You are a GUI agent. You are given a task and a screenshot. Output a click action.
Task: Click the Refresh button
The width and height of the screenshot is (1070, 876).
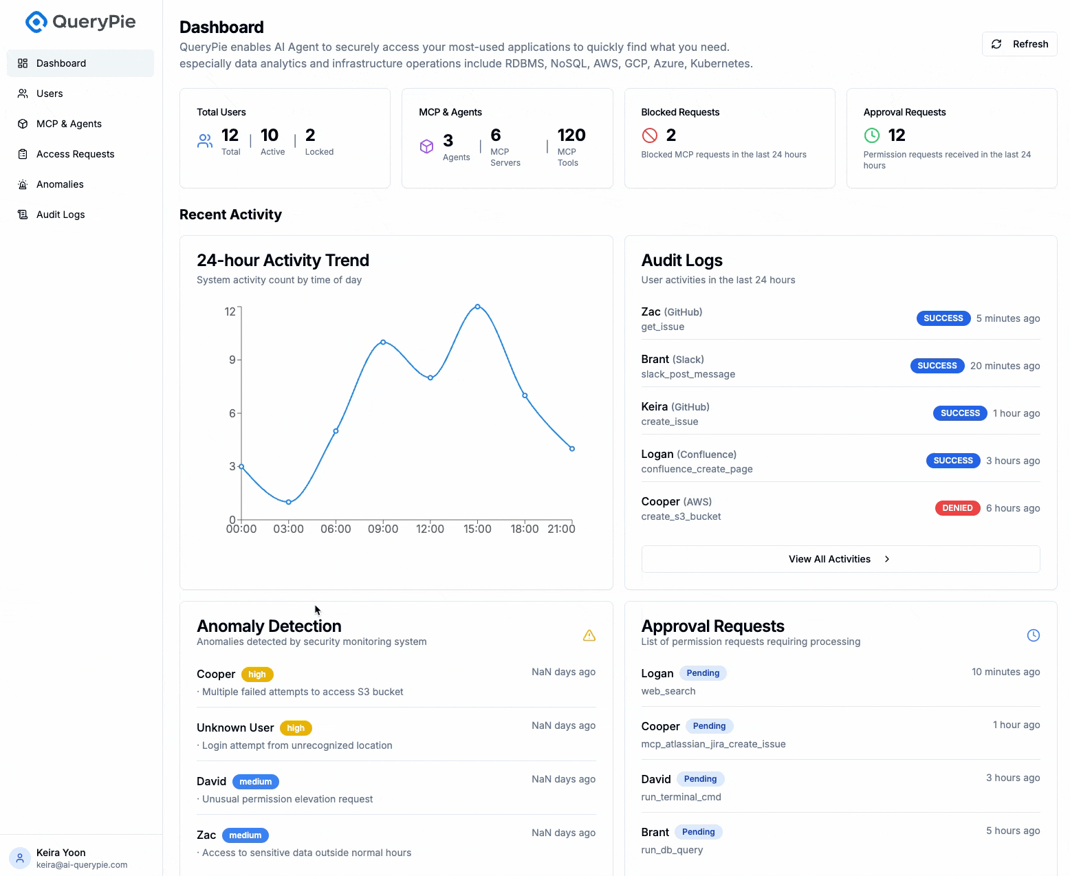tap(1020, 44)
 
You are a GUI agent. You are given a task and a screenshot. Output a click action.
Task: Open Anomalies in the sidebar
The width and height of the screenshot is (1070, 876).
tap(60, 184)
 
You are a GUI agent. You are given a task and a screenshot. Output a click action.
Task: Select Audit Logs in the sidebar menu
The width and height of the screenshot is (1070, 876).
tap(61, 215)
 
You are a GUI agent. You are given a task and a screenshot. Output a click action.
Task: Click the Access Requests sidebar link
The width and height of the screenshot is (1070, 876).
tap(75, 154)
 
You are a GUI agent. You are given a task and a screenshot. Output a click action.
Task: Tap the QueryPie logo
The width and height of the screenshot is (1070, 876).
tap(80, 22)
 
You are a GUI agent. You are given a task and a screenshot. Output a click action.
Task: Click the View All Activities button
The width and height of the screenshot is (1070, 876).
tap(840, 559)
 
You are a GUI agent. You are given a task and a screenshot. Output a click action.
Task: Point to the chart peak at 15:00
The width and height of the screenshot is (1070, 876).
tap(477, 307)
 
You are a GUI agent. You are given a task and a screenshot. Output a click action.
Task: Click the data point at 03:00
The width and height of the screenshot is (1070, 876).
tap(289, 502)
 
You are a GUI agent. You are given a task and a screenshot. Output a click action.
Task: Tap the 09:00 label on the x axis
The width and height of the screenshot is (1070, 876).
tap(383, 529)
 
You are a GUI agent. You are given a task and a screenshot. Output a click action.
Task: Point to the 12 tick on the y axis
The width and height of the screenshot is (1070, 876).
tap(230, 311)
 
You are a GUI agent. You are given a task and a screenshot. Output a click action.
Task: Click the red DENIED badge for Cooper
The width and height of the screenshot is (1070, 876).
tap(957, 508)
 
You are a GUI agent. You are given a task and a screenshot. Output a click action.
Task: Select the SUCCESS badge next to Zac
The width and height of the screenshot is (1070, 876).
tap(943, 318)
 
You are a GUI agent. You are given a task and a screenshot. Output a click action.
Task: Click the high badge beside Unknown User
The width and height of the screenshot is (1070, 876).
tap(296, 728)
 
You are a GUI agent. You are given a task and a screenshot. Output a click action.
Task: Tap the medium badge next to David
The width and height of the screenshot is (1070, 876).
tap(256, 782)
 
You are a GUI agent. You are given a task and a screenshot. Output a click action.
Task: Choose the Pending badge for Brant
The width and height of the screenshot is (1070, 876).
tap(698, 832)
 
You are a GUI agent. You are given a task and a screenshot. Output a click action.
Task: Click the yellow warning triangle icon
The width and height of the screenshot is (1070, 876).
tap(589, 635)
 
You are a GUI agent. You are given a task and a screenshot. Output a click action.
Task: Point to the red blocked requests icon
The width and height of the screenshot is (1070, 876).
tap(650, 135)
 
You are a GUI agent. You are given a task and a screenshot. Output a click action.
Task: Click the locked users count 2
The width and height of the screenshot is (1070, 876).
tap(310, 135)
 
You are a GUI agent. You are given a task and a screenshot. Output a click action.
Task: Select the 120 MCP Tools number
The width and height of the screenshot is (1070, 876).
tap(571, 135)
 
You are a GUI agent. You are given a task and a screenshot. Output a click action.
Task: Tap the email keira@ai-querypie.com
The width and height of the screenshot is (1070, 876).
tap(82, 865)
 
